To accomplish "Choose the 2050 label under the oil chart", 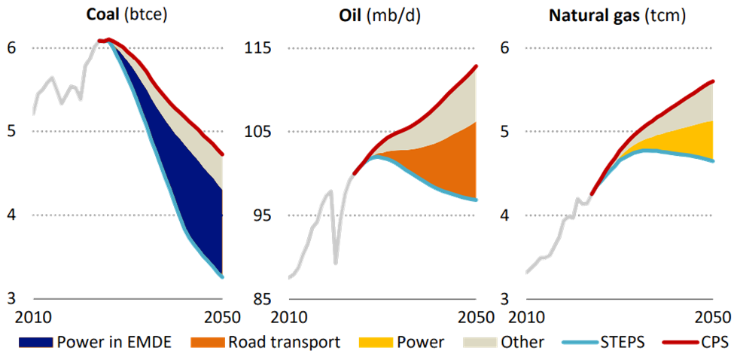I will (474, 316).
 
